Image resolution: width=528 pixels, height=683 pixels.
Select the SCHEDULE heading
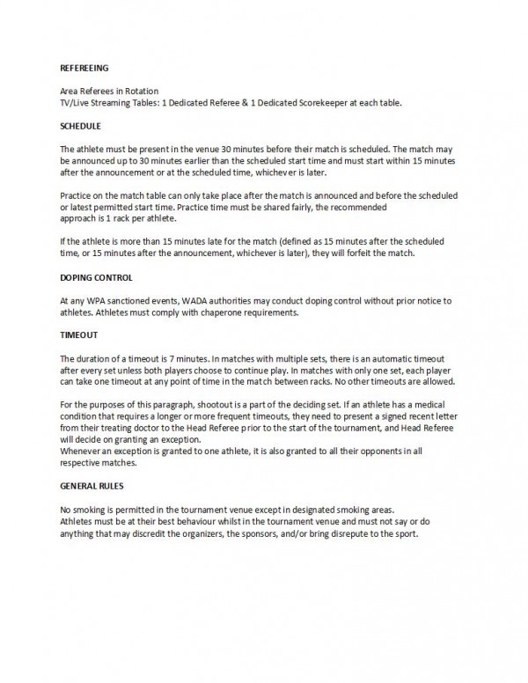click(x=81, y=126)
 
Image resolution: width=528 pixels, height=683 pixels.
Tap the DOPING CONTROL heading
click(x=95, y=278)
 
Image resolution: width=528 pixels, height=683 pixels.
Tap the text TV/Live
click(x=77, y=102)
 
